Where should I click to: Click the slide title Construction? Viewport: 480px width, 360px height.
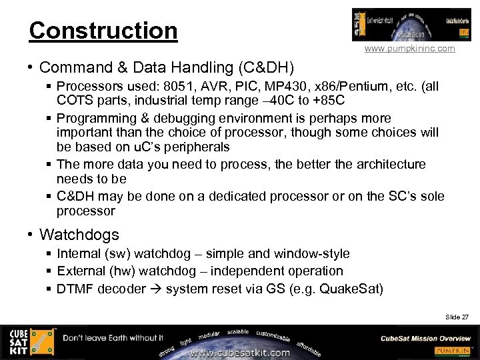pyautogui.click(x=103, y=31)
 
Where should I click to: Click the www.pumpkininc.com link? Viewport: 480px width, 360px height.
pyautogui.click(x=410, y=49)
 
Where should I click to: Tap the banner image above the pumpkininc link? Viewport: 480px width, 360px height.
pyautogui.click(x=411, y=25)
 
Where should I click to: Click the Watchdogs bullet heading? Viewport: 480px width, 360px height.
pyautogui.click(x=79, y=235)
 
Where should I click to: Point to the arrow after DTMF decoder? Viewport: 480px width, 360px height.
pyautogui.click(x=155, y=289)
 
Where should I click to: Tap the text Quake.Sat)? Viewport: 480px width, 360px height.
pyautogui.click(x=351, y=289)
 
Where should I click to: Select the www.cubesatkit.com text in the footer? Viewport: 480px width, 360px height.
pyautogui.click(x=240, y=353)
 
